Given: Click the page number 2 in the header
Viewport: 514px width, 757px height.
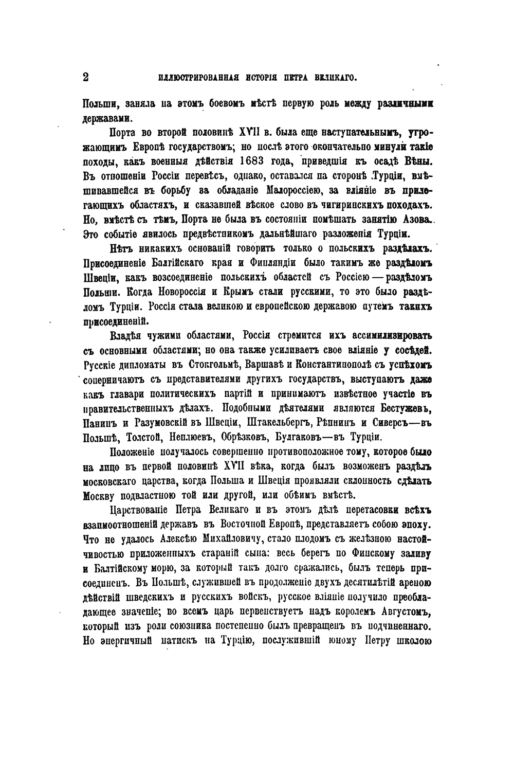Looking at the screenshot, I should coord(86,77).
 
